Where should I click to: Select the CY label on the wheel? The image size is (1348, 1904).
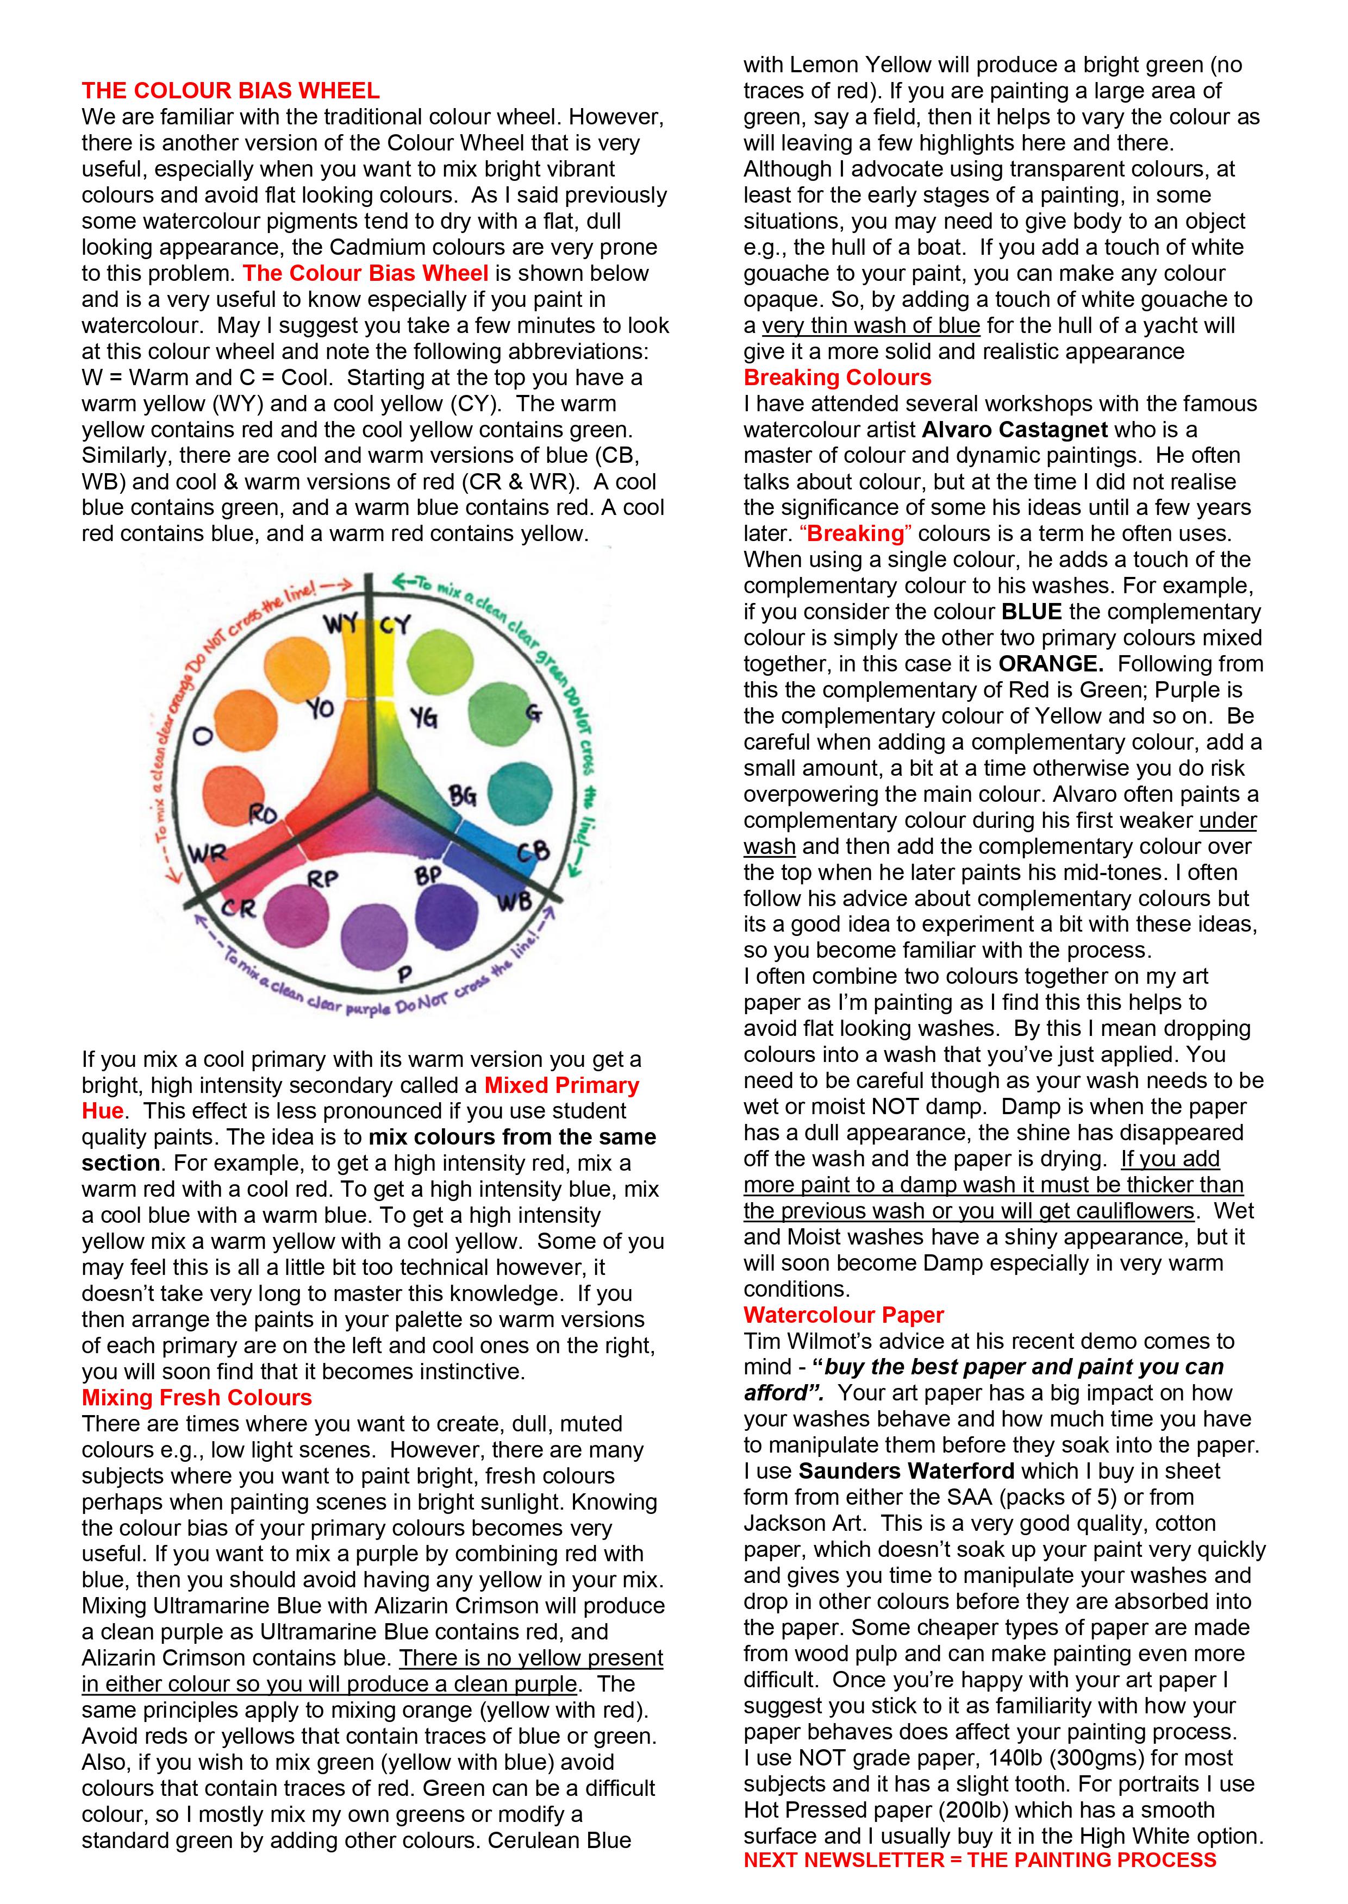tap(395, 625)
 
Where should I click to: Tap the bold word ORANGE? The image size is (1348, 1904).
tap(1051, 664)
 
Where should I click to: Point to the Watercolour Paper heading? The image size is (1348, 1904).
tap(844, 1315)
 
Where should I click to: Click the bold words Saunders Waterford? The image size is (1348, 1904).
tap(907, 1471)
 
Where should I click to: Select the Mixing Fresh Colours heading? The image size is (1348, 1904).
tap(197, 1398)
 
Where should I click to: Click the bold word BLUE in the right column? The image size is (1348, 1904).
tap(1032, 612)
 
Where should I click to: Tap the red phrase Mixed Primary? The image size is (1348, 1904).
tap(561, 1085)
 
